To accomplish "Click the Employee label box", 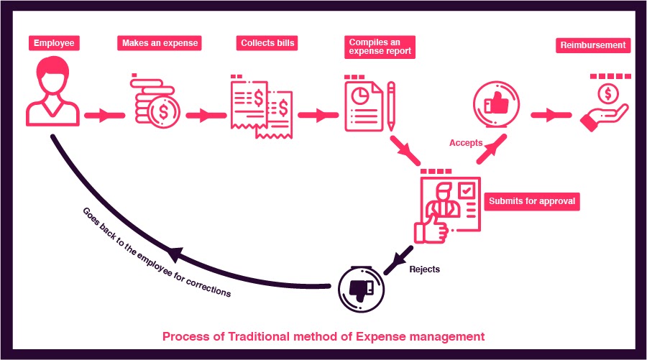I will [52, 43].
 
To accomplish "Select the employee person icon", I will [52, 93].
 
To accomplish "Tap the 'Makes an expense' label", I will [159, 43].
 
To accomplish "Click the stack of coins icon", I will [156, 102].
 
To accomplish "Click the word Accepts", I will [466, 143].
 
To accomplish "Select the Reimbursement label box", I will [593, 45].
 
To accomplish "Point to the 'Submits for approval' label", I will [532, 201].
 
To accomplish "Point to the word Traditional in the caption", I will [244, 336].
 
